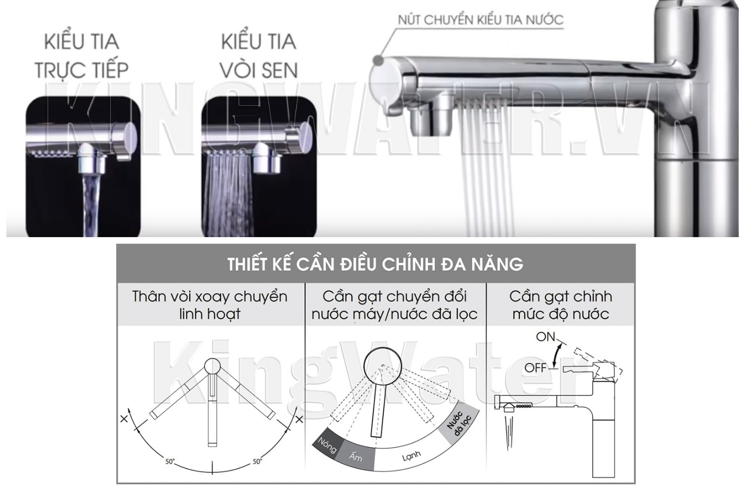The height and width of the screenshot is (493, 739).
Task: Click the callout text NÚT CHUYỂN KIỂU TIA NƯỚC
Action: (x=480, y=20)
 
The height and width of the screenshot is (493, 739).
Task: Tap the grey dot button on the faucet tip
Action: (x=378, y=61)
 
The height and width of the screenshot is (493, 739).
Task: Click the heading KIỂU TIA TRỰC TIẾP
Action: (x=81, y=55)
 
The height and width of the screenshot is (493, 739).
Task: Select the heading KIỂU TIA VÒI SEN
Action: (x=259, y=55)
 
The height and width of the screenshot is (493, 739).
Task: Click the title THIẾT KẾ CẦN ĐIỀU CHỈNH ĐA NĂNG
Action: (x=375, y=264)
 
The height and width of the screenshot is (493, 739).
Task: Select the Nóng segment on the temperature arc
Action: (x=326, y=445)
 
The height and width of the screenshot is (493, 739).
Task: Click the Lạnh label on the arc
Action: (x=411, y=457)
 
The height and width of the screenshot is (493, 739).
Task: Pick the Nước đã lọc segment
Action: (x=459, y=423)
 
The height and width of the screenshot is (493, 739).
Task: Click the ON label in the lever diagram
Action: (x=545, y=337)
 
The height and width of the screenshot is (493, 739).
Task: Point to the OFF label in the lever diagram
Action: (x=536, y=368)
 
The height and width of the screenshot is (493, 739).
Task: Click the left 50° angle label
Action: (x=170, y=462)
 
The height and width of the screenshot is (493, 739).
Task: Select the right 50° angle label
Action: (x=257, y=462)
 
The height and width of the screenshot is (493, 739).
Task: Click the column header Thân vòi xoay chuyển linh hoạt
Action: (x=210, y=305)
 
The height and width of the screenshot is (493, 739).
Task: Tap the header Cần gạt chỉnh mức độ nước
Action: (x=561, y=305)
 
